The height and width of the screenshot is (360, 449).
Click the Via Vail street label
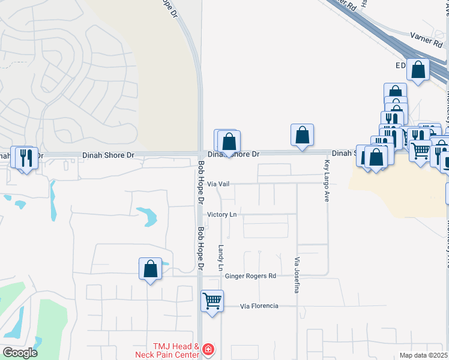[x=218, y=184]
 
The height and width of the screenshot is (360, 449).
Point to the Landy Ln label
[x=221, y=256]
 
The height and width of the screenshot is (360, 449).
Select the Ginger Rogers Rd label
[x=250, y=276]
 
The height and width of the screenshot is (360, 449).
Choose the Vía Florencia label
[x=259, y=306]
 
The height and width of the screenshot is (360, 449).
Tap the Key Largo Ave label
[x=327, y=181]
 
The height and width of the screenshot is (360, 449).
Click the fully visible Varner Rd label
[x=426, y=40]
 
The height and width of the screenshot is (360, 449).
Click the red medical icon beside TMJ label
[x=208, y=349]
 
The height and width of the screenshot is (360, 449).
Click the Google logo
[x=20, y=352]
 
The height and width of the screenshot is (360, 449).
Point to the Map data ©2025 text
[x=423, y=355]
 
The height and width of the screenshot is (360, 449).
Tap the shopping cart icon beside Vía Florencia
[x=212, y=301]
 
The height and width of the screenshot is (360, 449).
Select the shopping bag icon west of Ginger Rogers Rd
[x=150, y=268]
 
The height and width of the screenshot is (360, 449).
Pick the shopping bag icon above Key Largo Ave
[x=303, y=135]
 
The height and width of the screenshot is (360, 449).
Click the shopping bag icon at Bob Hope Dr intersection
[x=229, y=142]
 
